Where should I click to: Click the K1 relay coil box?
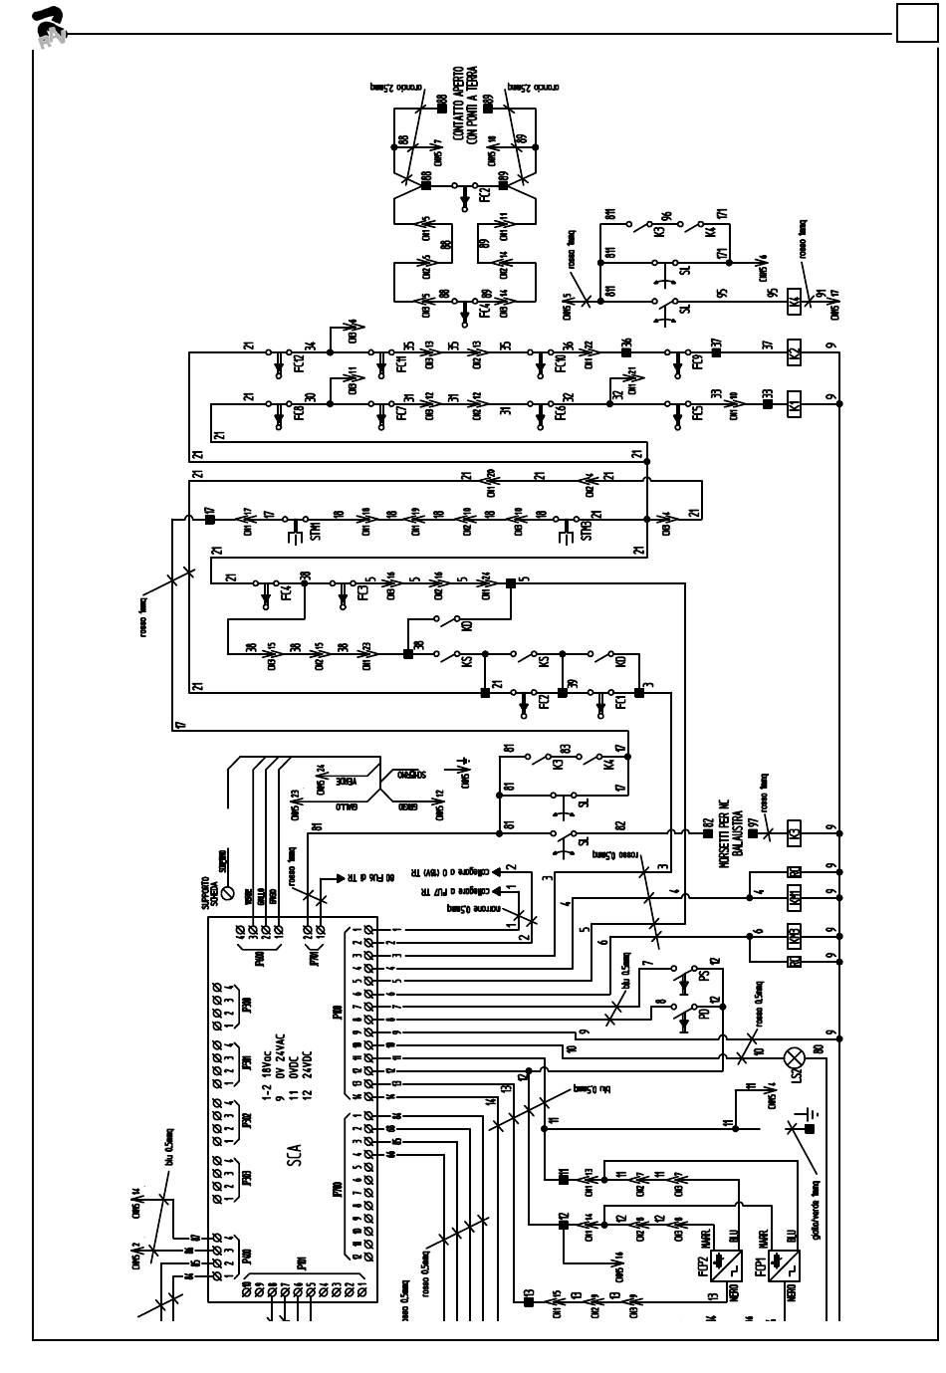tap(795, 405)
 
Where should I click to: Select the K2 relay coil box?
tap(795, 351)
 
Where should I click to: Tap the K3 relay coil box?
tap(795, 830)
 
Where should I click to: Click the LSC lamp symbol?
tap(795, 1057)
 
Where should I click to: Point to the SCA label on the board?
tap(295, 1155)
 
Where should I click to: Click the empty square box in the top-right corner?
tap(917, 23)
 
